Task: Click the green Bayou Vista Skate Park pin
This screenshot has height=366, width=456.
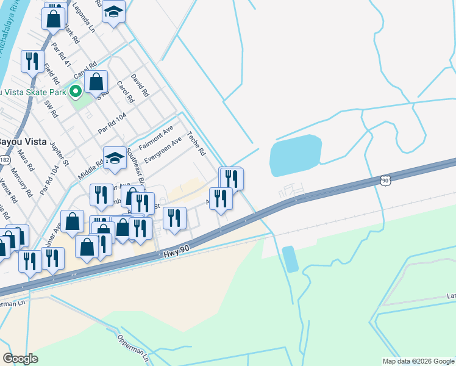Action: click(x=76, y=92)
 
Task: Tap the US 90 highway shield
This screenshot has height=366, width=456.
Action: click(x=383, y=180)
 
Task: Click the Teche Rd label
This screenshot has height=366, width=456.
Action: click(x=197, y=144)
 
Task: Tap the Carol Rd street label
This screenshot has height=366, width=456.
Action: click(x=124, y=92)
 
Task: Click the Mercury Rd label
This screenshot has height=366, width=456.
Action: click(x=21, y=182)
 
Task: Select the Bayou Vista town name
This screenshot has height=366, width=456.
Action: click(x=18, y=141)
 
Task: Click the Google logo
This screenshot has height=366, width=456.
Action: click(x=20, y=358)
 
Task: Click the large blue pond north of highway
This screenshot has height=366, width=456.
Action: click(x=296, y=155)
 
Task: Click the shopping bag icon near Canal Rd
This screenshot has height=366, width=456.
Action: click(x=96, y=81)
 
